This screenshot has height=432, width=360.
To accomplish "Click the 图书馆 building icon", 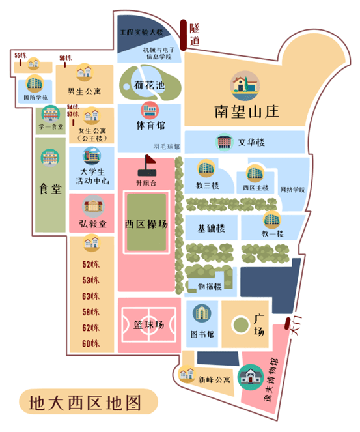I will point(201,313).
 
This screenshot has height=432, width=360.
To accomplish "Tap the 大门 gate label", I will point(298,326).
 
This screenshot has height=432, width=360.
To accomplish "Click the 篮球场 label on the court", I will point(147,324).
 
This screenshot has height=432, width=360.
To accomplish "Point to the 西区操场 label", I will point(147,224).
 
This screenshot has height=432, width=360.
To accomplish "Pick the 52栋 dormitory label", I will point(90,265).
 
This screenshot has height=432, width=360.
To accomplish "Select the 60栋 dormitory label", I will point(90,343).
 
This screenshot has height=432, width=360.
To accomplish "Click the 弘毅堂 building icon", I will point(92,207).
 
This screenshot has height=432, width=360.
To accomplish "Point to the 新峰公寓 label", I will point(214,379).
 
